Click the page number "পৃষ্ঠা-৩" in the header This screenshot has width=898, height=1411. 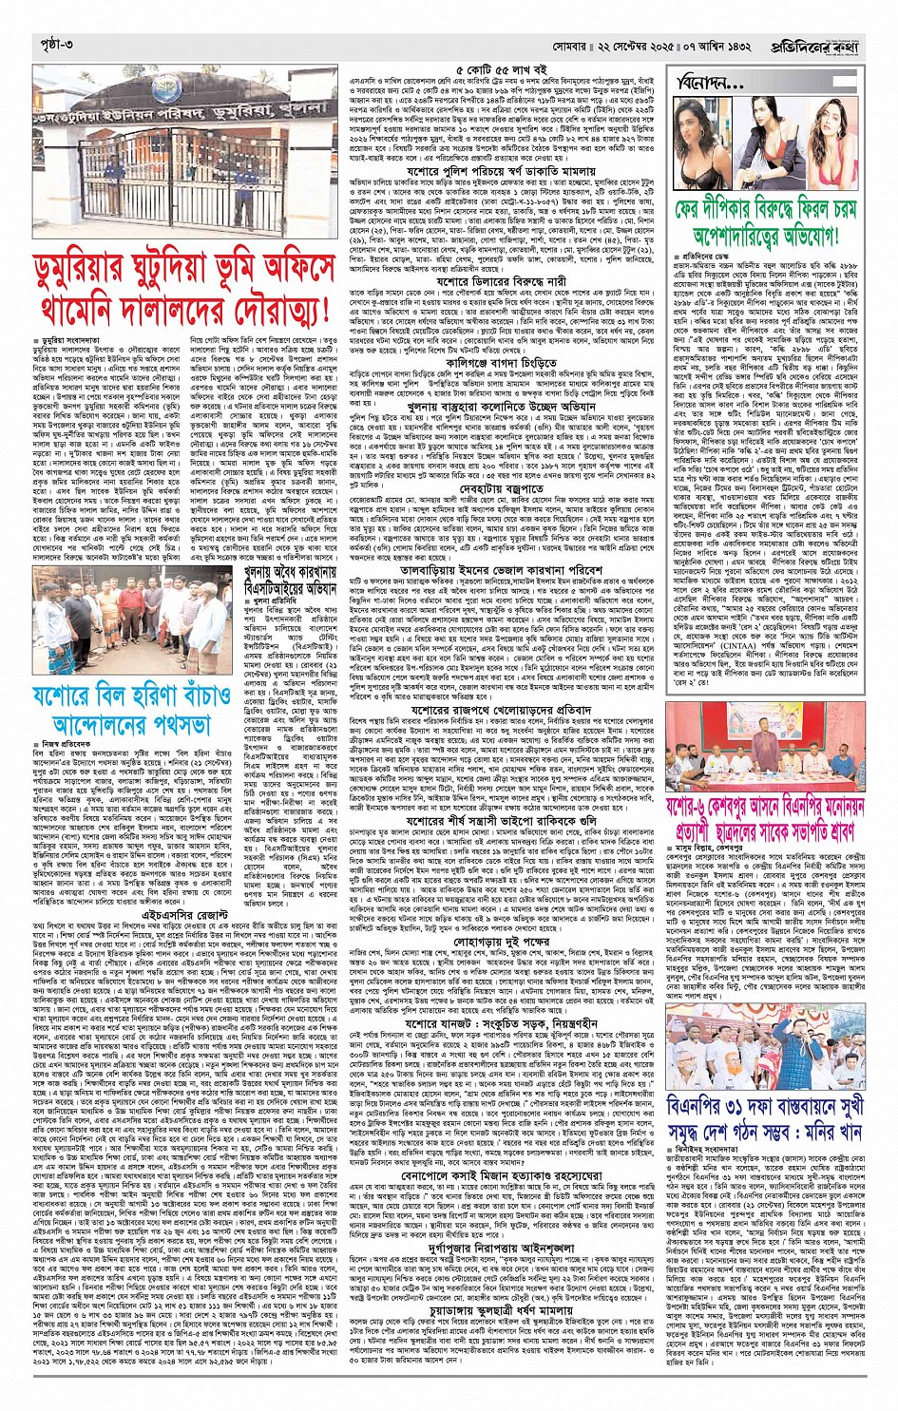(x=53, y=45)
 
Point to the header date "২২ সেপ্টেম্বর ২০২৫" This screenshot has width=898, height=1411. (x=651, y=45)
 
